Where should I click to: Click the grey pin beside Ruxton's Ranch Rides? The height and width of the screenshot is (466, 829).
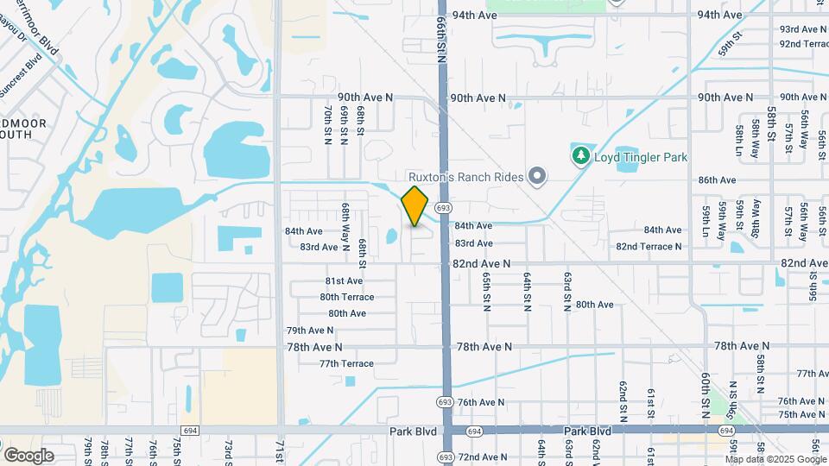coord(537,177)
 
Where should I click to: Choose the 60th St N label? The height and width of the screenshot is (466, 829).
coord(706,391)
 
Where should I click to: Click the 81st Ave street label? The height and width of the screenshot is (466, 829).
coord(344,281)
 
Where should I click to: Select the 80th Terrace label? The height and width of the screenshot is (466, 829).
coord(346,297)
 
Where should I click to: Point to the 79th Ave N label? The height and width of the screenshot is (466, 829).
coord(310,331)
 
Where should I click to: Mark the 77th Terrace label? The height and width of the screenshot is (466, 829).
coord(346,363)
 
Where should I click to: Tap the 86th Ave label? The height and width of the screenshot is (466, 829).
coord(717,180)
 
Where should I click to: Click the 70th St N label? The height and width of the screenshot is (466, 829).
coord(328,126)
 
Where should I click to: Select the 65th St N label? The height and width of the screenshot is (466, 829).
coord(487,293)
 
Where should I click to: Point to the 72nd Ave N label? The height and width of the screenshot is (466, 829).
coord(482,457)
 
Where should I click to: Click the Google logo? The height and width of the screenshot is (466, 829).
coord(28,456)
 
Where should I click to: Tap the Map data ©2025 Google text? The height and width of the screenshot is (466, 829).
coord(776,459)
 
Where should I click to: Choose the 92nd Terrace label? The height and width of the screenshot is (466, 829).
coord(804,43)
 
